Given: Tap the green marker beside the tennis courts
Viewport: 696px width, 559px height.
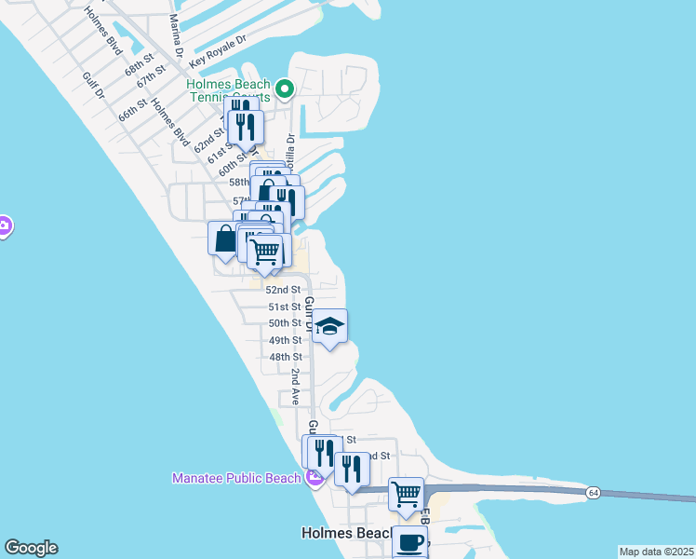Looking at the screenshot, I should (x=286, y=89).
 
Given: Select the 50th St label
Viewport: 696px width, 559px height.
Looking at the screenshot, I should (x=285, y=323).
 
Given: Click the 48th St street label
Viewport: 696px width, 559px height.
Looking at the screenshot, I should (x=285, y=357).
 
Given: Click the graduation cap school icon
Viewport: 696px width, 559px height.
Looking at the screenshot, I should (x=329, y=327).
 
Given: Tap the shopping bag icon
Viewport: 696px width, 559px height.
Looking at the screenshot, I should (x=226, y=239).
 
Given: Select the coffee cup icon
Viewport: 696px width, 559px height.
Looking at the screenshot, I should (x=409, y=542).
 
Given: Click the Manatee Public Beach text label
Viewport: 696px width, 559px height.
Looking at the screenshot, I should (x=236, y=479).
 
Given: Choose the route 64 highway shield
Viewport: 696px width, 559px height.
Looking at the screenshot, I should (x=593, y=492).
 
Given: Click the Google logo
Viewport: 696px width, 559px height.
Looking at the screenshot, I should (x=31, y=548).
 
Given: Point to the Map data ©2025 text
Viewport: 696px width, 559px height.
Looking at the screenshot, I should (x=656, y=552).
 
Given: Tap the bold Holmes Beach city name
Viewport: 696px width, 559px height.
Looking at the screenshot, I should (x=343, y=534).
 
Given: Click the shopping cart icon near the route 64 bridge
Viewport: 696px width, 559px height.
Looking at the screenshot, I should (x=407, y=495).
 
